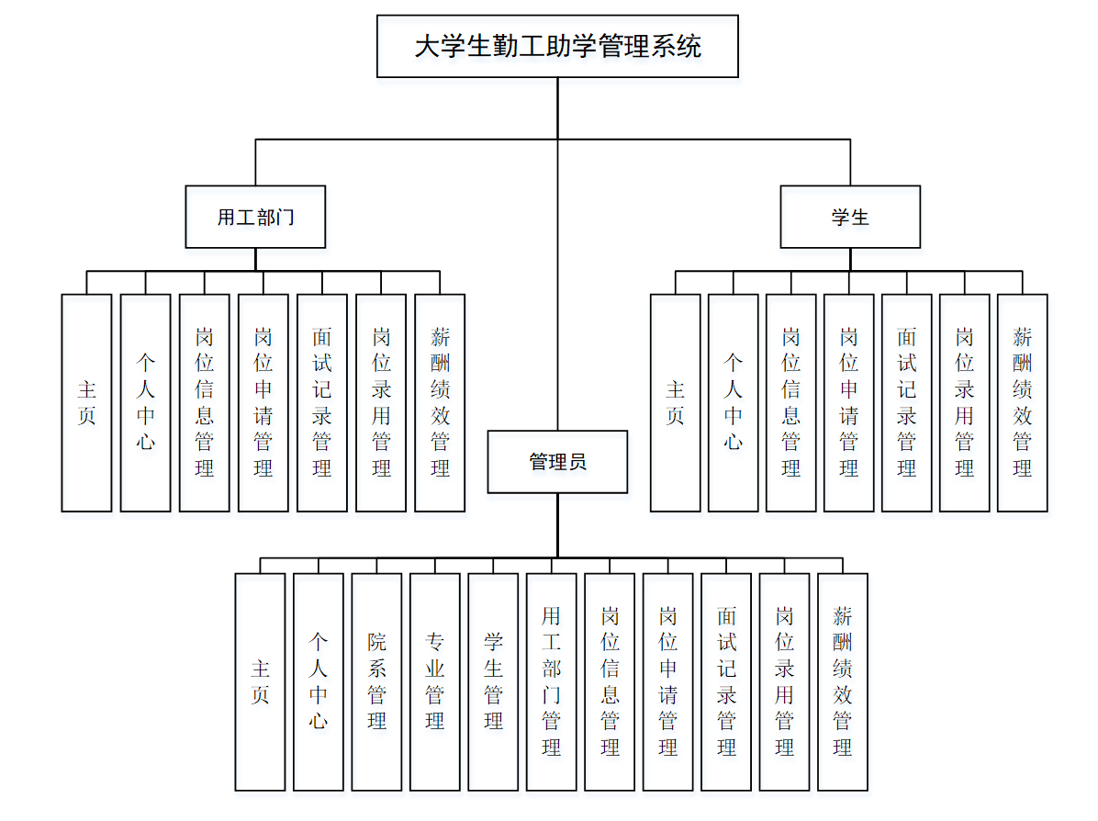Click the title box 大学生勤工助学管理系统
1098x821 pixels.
[x=557, y=46]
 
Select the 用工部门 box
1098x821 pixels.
[x=255, y=218]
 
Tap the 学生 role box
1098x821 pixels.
[x=850, y=218]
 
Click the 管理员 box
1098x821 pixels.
[x=557, y=462]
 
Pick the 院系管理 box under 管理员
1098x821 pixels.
[x=376, y=681]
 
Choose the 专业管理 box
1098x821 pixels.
[x=435, y=681]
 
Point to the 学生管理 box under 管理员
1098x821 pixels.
[x=493, y=681]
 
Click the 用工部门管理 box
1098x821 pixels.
[x=551, y=681]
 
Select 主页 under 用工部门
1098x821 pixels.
[x=86, y=402]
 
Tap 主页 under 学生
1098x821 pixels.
[x=675, y=402]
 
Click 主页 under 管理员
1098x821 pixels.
[x=260, y=681]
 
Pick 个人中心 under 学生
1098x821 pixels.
[x=733, y=402]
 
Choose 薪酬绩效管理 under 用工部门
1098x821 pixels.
[x=440, y=402]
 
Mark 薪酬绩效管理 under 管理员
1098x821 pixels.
[x=842, y=681]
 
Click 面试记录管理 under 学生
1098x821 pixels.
[x=906, y=402]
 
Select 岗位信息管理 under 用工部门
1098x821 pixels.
[x=204, y=402]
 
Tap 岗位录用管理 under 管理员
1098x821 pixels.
[x=784, y=681]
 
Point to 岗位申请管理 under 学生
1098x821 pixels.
[x=848, y=402]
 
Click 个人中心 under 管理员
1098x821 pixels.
[x=318, y=681]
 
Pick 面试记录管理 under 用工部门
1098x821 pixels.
[x=321, y=402]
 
